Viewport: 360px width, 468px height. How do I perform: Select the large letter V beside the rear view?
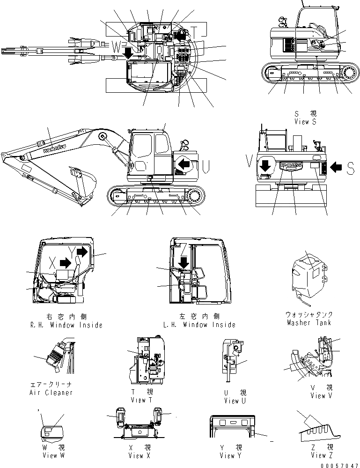pos(248,162)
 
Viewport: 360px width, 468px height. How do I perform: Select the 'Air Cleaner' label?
pos(51,393)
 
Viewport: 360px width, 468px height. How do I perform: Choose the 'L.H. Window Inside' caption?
pos(199,325)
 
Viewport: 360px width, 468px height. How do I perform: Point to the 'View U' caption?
pos(235,401)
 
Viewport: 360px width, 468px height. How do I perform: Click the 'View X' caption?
pos(139,455)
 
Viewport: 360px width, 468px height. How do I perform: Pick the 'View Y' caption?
pos(230,455)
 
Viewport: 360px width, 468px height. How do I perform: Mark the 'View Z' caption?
pos(321,455)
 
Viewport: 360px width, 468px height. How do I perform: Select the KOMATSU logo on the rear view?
pos(291,165)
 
